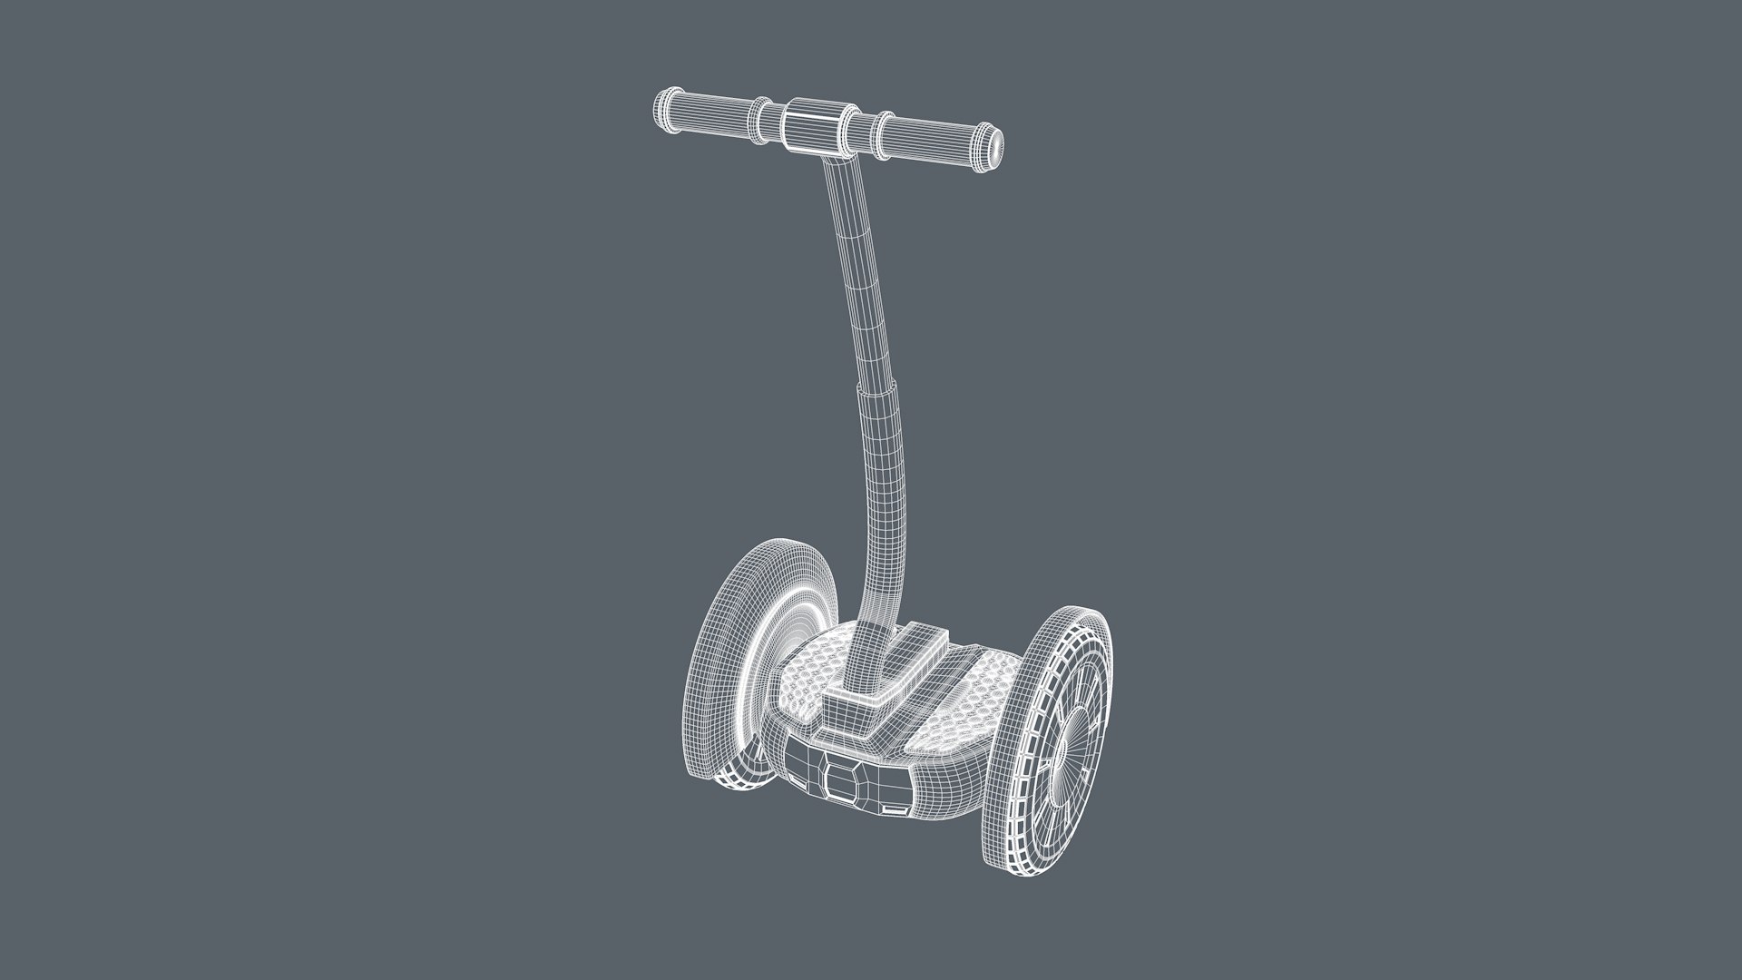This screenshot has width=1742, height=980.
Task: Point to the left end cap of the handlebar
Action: point(661,99)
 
